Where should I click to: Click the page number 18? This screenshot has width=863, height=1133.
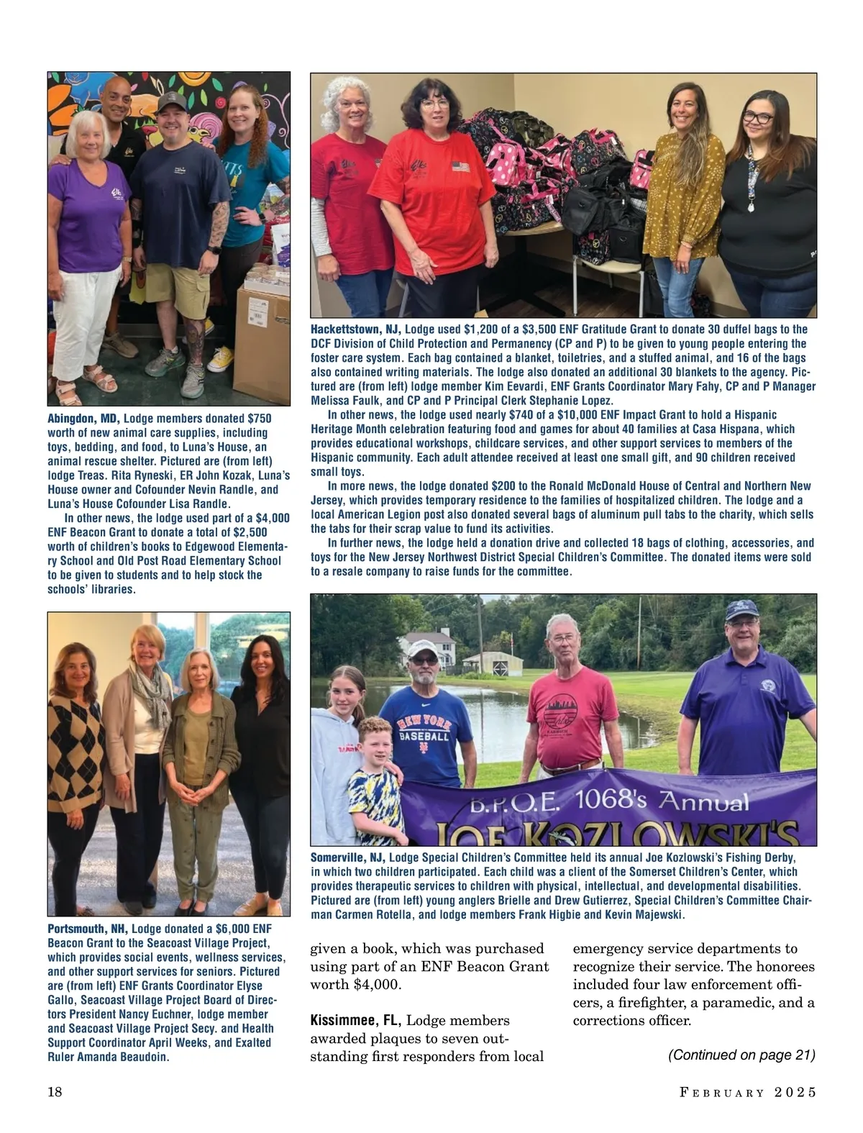click(x=55, y=1092)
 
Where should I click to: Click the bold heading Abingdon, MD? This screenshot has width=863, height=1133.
click(x=83, y=419)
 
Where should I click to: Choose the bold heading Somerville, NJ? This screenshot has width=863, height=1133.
click(x=348, y=857)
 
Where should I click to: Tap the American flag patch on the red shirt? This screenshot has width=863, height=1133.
click(x=460, y=167)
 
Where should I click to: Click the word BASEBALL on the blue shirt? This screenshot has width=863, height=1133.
click(x=424, y=737)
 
